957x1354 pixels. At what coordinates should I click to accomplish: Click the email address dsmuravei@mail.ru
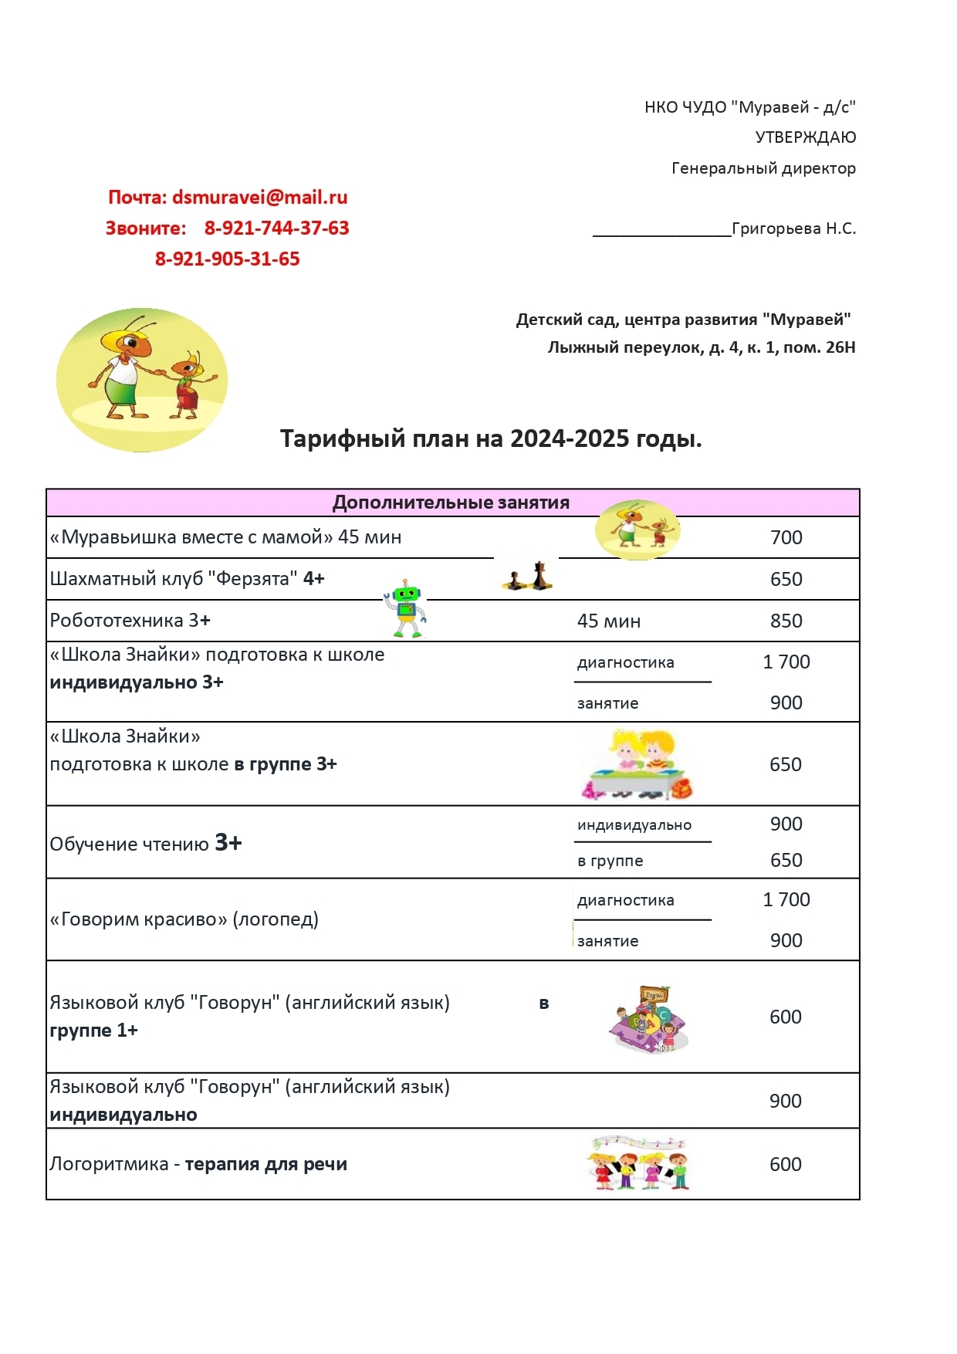[x=259, y=198]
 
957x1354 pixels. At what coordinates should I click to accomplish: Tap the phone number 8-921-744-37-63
[x=276, y=228]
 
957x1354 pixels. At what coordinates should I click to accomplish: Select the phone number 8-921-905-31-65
[x=227, y=259]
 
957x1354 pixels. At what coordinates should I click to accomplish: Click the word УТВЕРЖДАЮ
[x=805, y=137]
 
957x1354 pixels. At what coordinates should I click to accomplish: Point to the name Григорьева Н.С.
[x=793, y=228]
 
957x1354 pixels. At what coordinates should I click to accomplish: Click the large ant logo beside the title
[x=142, y=380]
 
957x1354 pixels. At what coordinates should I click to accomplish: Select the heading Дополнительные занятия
[x=451, y=503]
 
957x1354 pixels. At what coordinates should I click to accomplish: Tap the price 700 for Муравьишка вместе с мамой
[x=786, y=537]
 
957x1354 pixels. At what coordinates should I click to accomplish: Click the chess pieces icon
[x=528, y=576]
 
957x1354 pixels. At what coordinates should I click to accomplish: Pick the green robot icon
[x=406, y=608]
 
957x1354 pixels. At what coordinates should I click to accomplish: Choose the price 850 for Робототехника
[x=786, y=621]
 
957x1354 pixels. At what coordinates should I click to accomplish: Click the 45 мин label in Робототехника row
[x=608, y=621]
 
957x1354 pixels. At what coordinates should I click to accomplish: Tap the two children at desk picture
[x=637, y=764]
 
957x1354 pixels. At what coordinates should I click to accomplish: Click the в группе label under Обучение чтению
[x=610, y=861]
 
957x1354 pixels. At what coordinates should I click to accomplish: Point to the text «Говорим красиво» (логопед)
[x=184, y=919]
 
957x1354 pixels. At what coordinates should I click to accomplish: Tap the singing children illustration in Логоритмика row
[x=637, y=1163]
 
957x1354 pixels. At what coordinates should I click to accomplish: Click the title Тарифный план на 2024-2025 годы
[x=491, y=438]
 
